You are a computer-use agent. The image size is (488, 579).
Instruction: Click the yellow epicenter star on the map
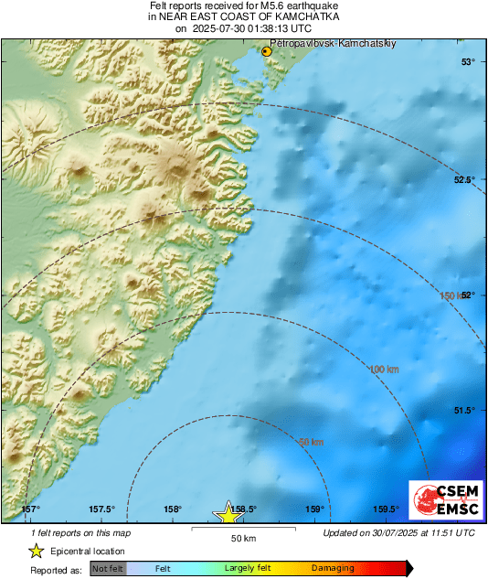pos(228,514)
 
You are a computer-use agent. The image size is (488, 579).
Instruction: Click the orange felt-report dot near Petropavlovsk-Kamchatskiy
pos(267,52)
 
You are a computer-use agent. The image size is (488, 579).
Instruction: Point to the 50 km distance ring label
pos(312,443)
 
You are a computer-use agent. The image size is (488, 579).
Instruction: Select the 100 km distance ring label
pos(385,369)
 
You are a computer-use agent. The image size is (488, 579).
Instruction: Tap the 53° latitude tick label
pos(468,62)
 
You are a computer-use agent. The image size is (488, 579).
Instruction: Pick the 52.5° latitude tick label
pos(464,179)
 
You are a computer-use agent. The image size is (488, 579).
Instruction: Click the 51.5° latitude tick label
pos(464,411)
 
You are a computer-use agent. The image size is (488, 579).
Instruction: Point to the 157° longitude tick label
pos(30,509)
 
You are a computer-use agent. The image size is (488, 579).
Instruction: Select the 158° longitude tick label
pos(172,509)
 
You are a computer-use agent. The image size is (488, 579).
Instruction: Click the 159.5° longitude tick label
pos(386,509)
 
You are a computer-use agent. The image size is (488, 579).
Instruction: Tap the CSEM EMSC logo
pos(442,501)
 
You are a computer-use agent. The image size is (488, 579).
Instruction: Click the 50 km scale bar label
pos(242,538)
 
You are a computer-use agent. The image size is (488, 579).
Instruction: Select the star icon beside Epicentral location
pos(36,551)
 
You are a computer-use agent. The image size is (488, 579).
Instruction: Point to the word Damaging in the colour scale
pos(333,569)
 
